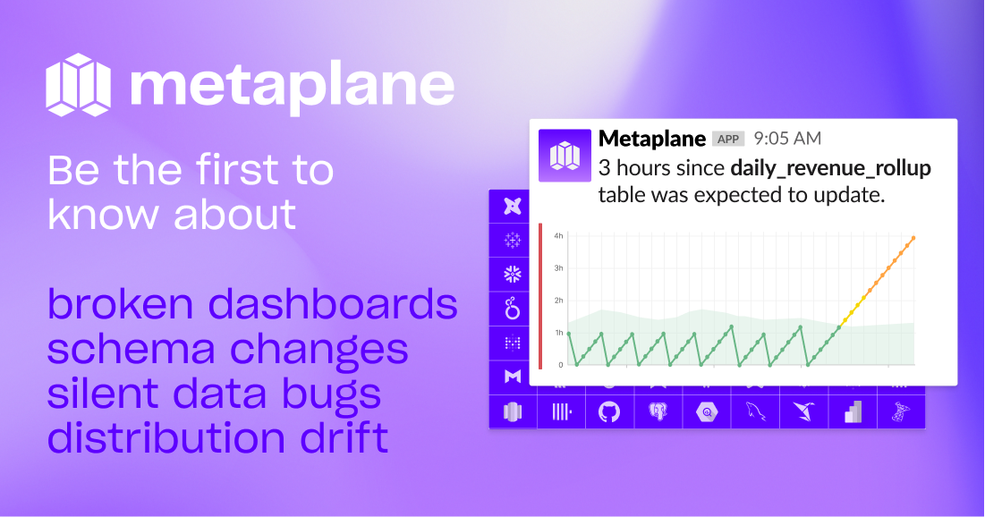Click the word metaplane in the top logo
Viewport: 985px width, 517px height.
click(x=292, y=84)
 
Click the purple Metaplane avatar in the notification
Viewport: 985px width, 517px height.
click(x=565, y=156)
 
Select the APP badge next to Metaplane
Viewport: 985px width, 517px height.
click(x=728, y=139)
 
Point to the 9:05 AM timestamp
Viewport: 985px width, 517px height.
click(x=787, y=139)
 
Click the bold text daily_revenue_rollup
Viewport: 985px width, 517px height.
click(x=831, y=167)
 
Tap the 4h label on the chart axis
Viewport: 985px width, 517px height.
click(x=558, y=236)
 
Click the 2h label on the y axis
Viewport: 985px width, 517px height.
click(x=558, y=301)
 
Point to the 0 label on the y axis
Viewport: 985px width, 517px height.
click(x=560, y=365)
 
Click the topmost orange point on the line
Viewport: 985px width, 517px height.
click(x=913, y=238)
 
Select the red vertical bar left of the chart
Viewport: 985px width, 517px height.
click(x=540, y=296)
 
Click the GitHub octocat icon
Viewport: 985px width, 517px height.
click(x=609, y=412)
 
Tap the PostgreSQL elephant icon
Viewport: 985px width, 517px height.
click(x=658, y=412)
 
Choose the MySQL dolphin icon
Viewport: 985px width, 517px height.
click(x=755, y=412)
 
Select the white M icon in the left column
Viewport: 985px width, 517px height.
click(x=513, y=377)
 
